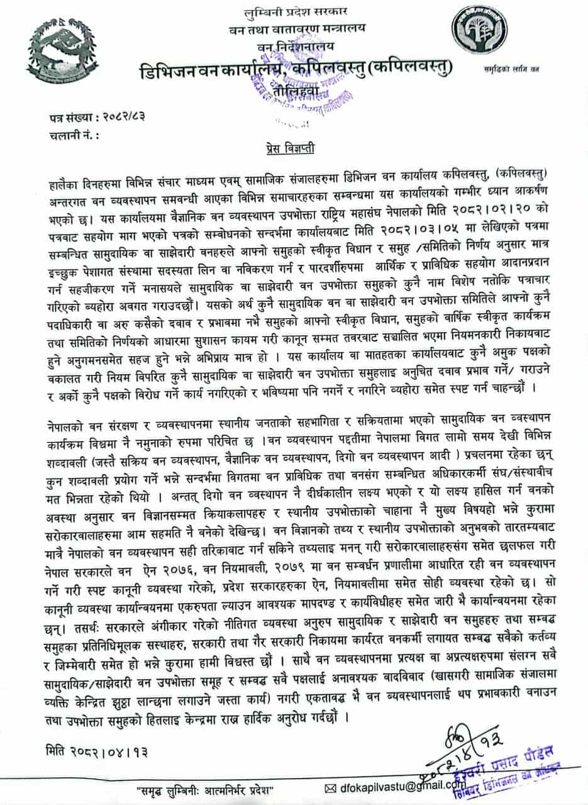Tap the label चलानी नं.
pyautogui.click(x=73, y=135)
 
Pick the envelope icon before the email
pyautogui.click(x=331, y=787)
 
